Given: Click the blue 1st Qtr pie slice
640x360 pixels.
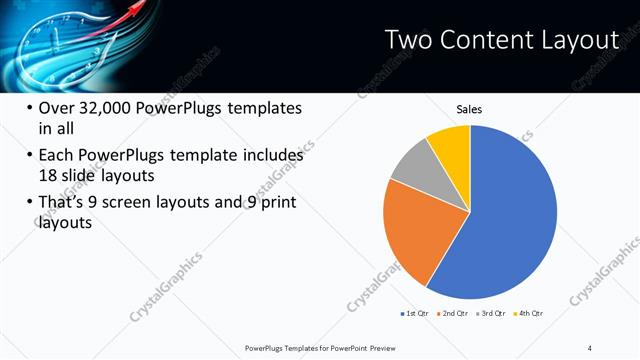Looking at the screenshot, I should (510, 220).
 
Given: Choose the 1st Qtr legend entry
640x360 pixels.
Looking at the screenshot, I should (414, 313).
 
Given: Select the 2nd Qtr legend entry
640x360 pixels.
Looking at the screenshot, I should (453, 313).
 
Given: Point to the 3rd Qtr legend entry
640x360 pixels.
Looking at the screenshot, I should (491, 313).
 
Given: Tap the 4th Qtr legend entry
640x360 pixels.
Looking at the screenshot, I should (529, 313).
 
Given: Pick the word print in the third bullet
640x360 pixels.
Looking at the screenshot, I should (274, 203).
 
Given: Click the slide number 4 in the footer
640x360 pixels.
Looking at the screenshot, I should (590, 347).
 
